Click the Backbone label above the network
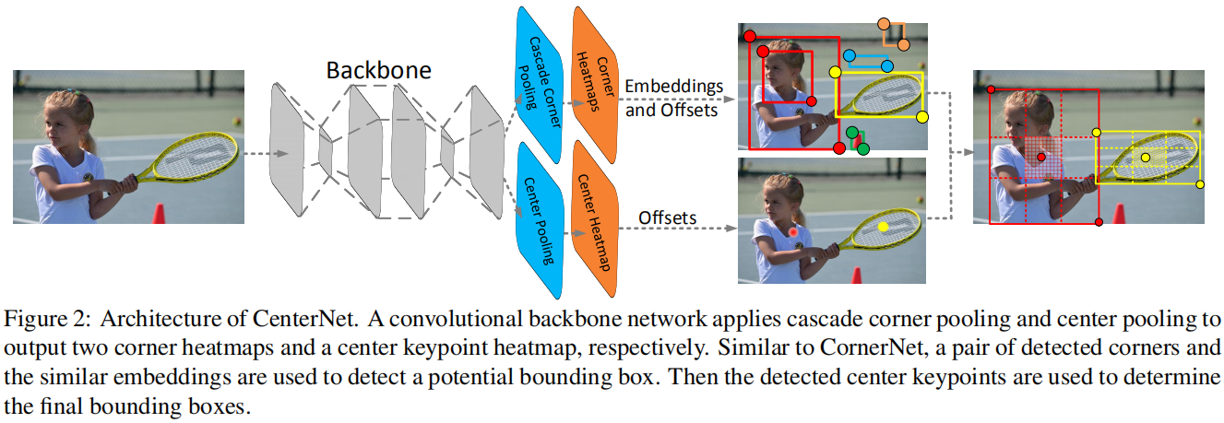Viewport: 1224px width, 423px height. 379,70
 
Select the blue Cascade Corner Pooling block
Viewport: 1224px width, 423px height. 540,85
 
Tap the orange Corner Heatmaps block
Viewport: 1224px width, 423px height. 595,85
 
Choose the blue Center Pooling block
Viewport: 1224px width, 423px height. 540,220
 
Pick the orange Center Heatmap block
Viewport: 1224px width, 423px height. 595,219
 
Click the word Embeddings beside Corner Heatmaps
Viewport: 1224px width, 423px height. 673,87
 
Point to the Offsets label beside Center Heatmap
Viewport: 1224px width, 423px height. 667,217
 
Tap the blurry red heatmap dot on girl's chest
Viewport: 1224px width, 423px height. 793,232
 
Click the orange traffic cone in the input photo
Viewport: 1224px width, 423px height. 159,214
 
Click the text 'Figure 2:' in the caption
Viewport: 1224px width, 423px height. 47,319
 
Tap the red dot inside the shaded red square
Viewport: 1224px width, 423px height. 1041,158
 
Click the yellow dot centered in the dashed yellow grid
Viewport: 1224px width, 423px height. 1146,158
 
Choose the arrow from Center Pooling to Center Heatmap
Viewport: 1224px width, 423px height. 576,233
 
